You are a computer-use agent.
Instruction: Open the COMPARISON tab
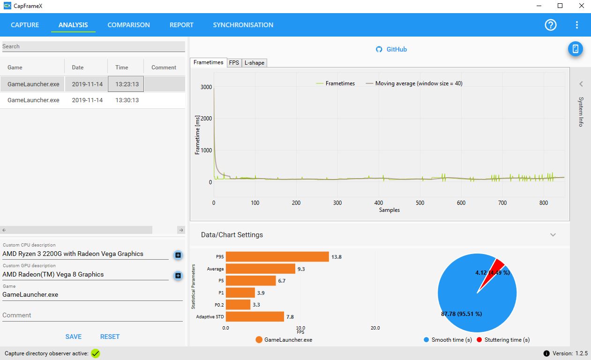128,25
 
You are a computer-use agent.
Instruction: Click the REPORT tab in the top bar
181,25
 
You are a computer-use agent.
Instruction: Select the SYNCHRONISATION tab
243,25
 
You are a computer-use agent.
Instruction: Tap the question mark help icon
551,25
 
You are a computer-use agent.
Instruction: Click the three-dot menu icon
577,25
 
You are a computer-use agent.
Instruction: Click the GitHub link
391,49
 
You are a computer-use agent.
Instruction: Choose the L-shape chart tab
254,63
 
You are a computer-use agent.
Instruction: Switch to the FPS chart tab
234,63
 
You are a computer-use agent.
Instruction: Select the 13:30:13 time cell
127,100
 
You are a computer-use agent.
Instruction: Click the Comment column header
164,67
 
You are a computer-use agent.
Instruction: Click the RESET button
110,337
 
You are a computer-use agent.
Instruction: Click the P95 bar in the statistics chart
277,256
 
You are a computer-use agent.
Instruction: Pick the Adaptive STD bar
255,316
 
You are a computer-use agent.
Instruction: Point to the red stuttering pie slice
493,272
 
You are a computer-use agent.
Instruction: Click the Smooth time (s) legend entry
448,340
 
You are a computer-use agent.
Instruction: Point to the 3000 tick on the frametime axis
206,87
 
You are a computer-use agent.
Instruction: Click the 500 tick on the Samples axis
420,202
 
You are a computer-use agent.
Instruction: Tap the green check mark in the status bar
95,353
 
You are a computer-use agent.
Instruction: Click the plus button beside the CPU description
178,255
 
